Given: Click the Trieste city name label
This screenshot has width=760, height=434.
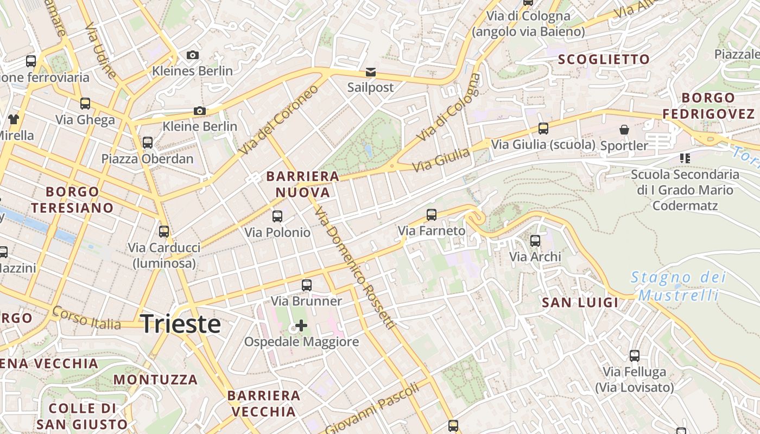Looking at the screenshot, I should [180, 324].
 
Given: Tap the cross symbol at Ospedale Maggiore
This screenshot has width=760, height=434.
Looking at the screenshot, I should [301, 325].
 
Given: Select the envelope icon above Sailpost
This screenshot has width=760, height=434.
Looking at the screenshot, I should [370, 72].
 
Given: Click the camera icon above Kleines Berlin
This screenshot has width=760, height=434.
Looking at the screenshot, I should [192, 55].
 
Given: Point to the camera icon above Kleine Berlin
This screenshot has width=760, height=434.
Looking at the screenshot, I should [200, 111].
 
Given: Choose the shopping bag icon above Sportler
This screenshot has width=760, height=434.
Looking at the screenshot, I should [624, 130].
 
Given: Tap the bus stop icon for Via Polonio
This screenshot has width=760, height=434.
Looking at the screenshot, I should [277, 216].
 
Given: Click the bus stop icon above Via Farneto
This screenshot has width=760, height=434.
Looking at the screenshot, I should [432, 214].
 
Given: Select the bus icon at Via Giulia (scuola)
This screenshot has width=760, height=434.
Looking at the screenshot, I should [543, 129].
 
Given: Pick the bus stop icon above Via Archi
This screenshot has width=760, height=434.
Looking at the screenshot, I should [535, 240].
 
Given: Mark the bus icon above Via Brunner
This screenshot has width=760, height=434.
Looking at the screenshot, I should [307, 285].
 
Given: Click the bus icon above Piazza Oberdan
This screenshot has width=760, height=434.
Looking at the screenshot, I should [148, 143].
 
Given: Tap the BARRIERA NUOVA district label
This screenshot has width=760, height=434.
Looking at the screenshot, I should [303, 184].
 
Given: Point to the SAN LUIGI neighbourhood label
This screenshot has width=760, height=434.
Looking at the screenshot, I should [580, 303].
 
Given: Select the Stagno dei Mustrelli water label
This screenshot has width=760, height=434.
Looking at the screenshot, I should [678, 286].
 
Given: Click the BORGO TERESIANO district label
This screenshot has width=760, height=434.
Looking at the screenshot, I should [72, 200].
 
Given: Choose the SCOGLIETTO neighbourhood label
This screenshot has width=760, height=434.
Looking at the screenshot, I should [604, 60].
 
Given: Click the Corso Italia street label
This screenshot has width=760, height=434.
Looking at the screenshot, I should [87, 318].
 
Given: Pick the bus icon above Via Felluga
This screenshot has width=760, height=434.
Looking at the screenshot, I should [635, 356].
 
